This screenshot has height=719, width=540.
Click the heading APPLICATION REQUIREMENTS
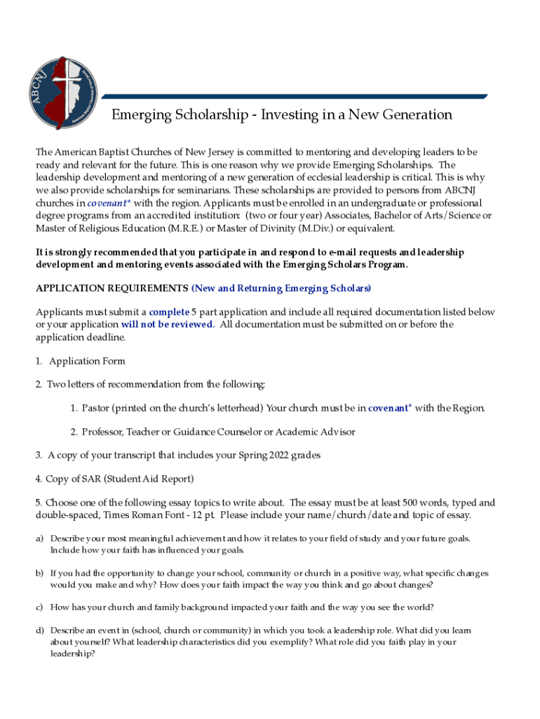pyautogui.click(x=112, y=289)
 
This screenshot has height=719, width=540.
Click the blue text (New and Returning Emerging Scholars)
pyautogui.click(x=281, y=289)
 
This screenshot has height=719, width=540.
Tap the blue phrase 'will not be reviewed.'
pyautogui.click(x=167, y=324)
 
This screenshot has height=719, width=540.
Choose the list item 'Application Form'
pyautogui.click(x=87, y=361)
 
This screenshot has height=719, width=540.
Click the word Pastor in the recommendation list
pyautogui.click(x=95, y=408)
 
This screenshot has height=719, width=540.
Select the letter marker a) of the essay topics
pyautogui.click(x=40, y=539)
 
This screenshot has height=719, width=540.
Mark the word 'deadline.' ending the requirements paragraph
pyautogui.click(x=107, y=337)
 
